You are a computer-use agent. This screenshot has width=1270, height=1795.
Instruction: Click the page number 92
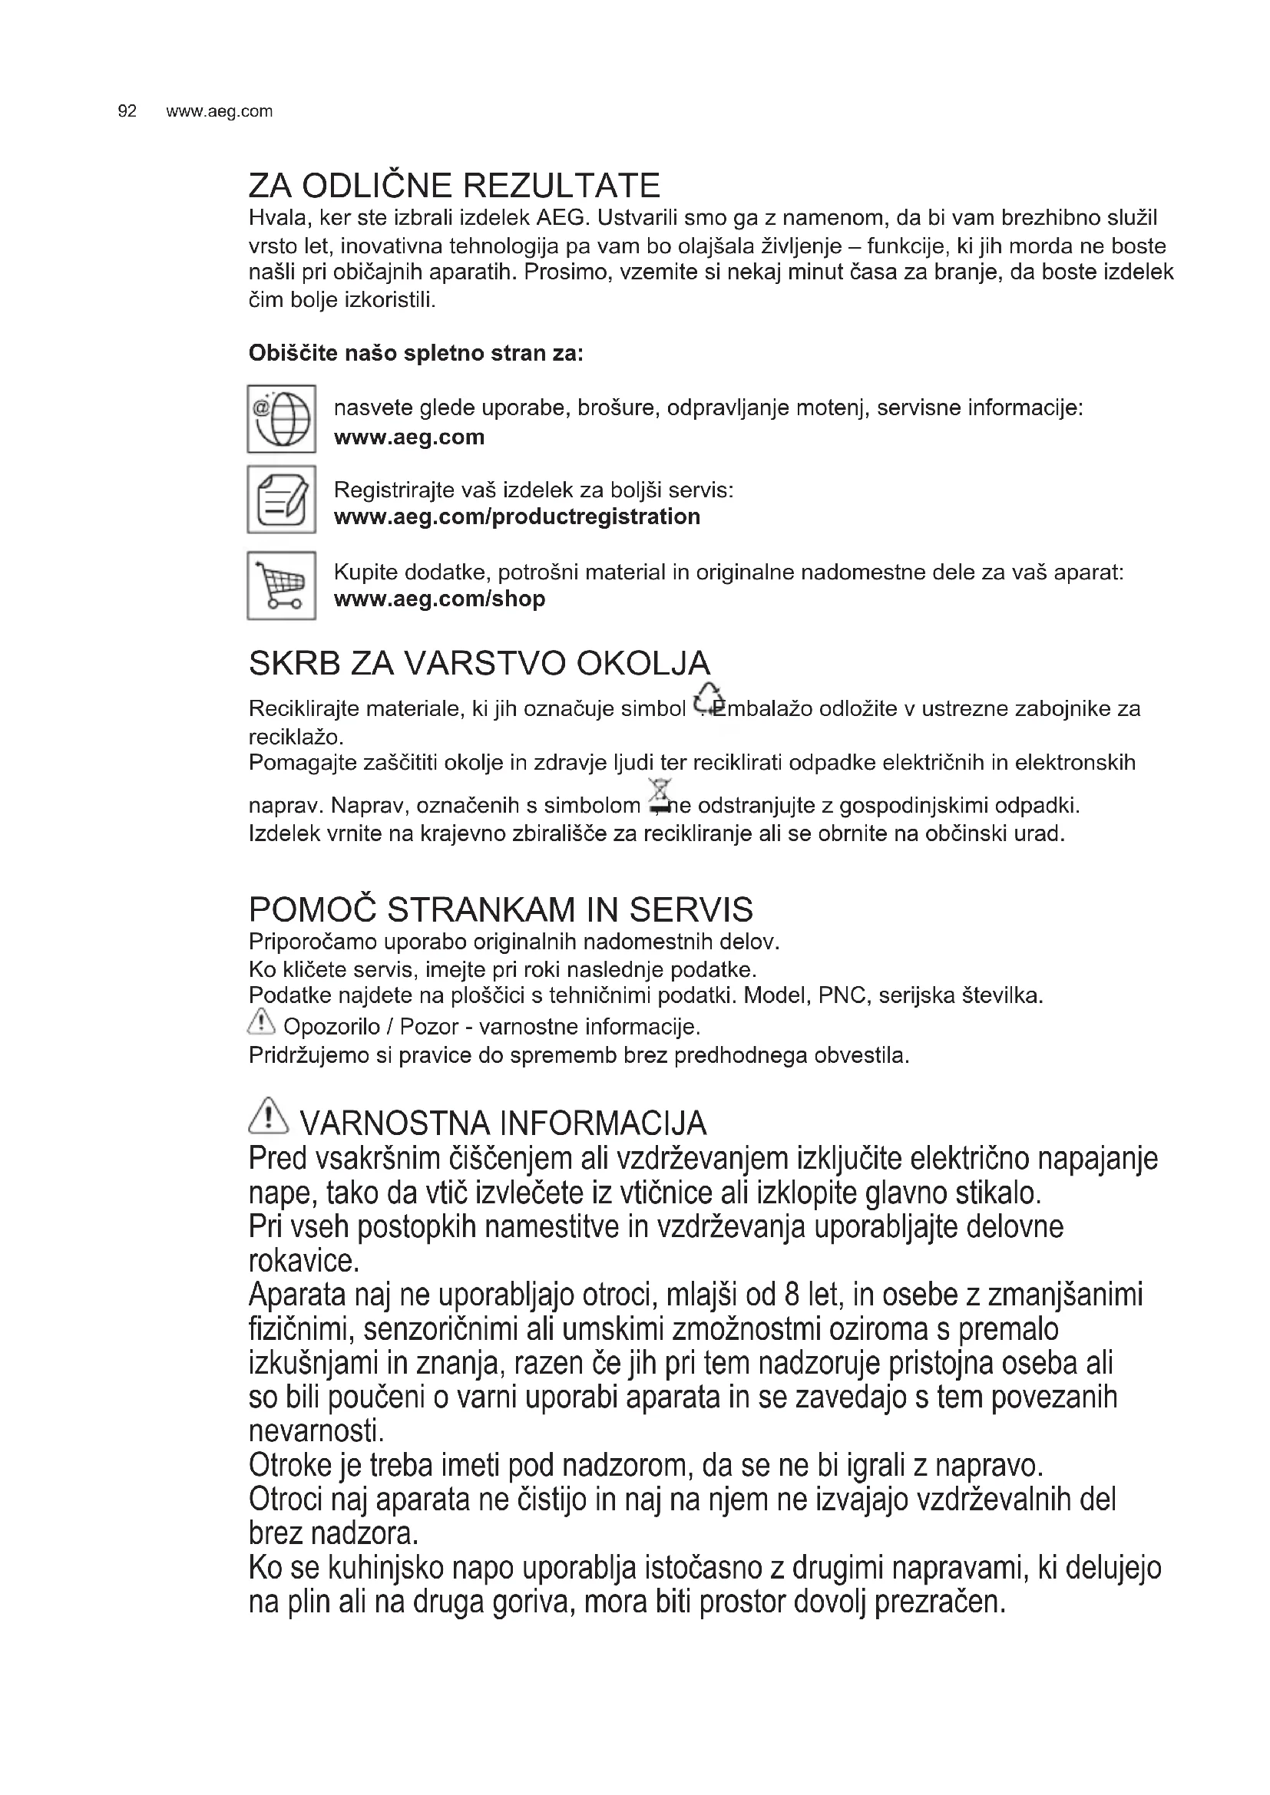point(127,111)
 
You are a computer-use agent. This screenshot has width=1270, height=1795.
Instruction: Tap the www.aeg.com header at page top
point(219,111)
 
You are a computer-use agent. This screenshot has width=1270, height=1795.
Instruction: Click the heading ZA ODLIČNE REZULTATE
point(454,186)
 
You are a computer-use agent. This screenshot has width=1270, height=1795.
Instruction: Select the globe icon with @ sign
point(282,419)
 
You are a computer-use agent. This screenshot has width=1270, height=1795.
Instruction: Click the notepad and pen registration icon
point(282,500)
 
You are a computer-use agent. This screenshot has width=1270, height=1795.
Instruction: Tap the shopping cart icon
point(282,586)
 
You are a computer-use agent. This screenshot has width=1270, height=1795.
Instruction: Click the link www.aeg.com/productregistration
point(516,516)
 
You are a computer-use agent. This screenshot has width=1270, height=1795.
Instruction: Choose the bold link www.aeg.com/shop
point(438,599)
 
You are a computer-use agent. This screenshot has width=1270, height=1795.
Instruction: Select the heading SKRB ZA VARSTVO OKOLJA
point(478,664)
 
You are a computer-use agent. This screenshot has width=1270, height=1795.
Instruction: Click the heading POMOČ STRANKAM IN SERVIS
point(501,910)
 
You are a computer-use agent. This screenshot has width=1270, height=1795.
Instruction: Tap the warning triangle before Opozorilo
point(261,1021)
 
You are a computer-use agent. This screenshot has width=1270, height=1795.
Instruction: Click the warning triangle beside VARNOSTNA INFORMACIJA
point(267,1118)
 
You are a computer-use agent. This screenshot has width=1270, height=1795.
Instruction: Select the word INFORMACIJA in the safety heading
point(602,1124)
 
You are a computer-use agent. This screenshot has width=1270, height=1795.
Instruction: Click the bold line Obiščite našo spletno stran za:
point(415,353)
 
